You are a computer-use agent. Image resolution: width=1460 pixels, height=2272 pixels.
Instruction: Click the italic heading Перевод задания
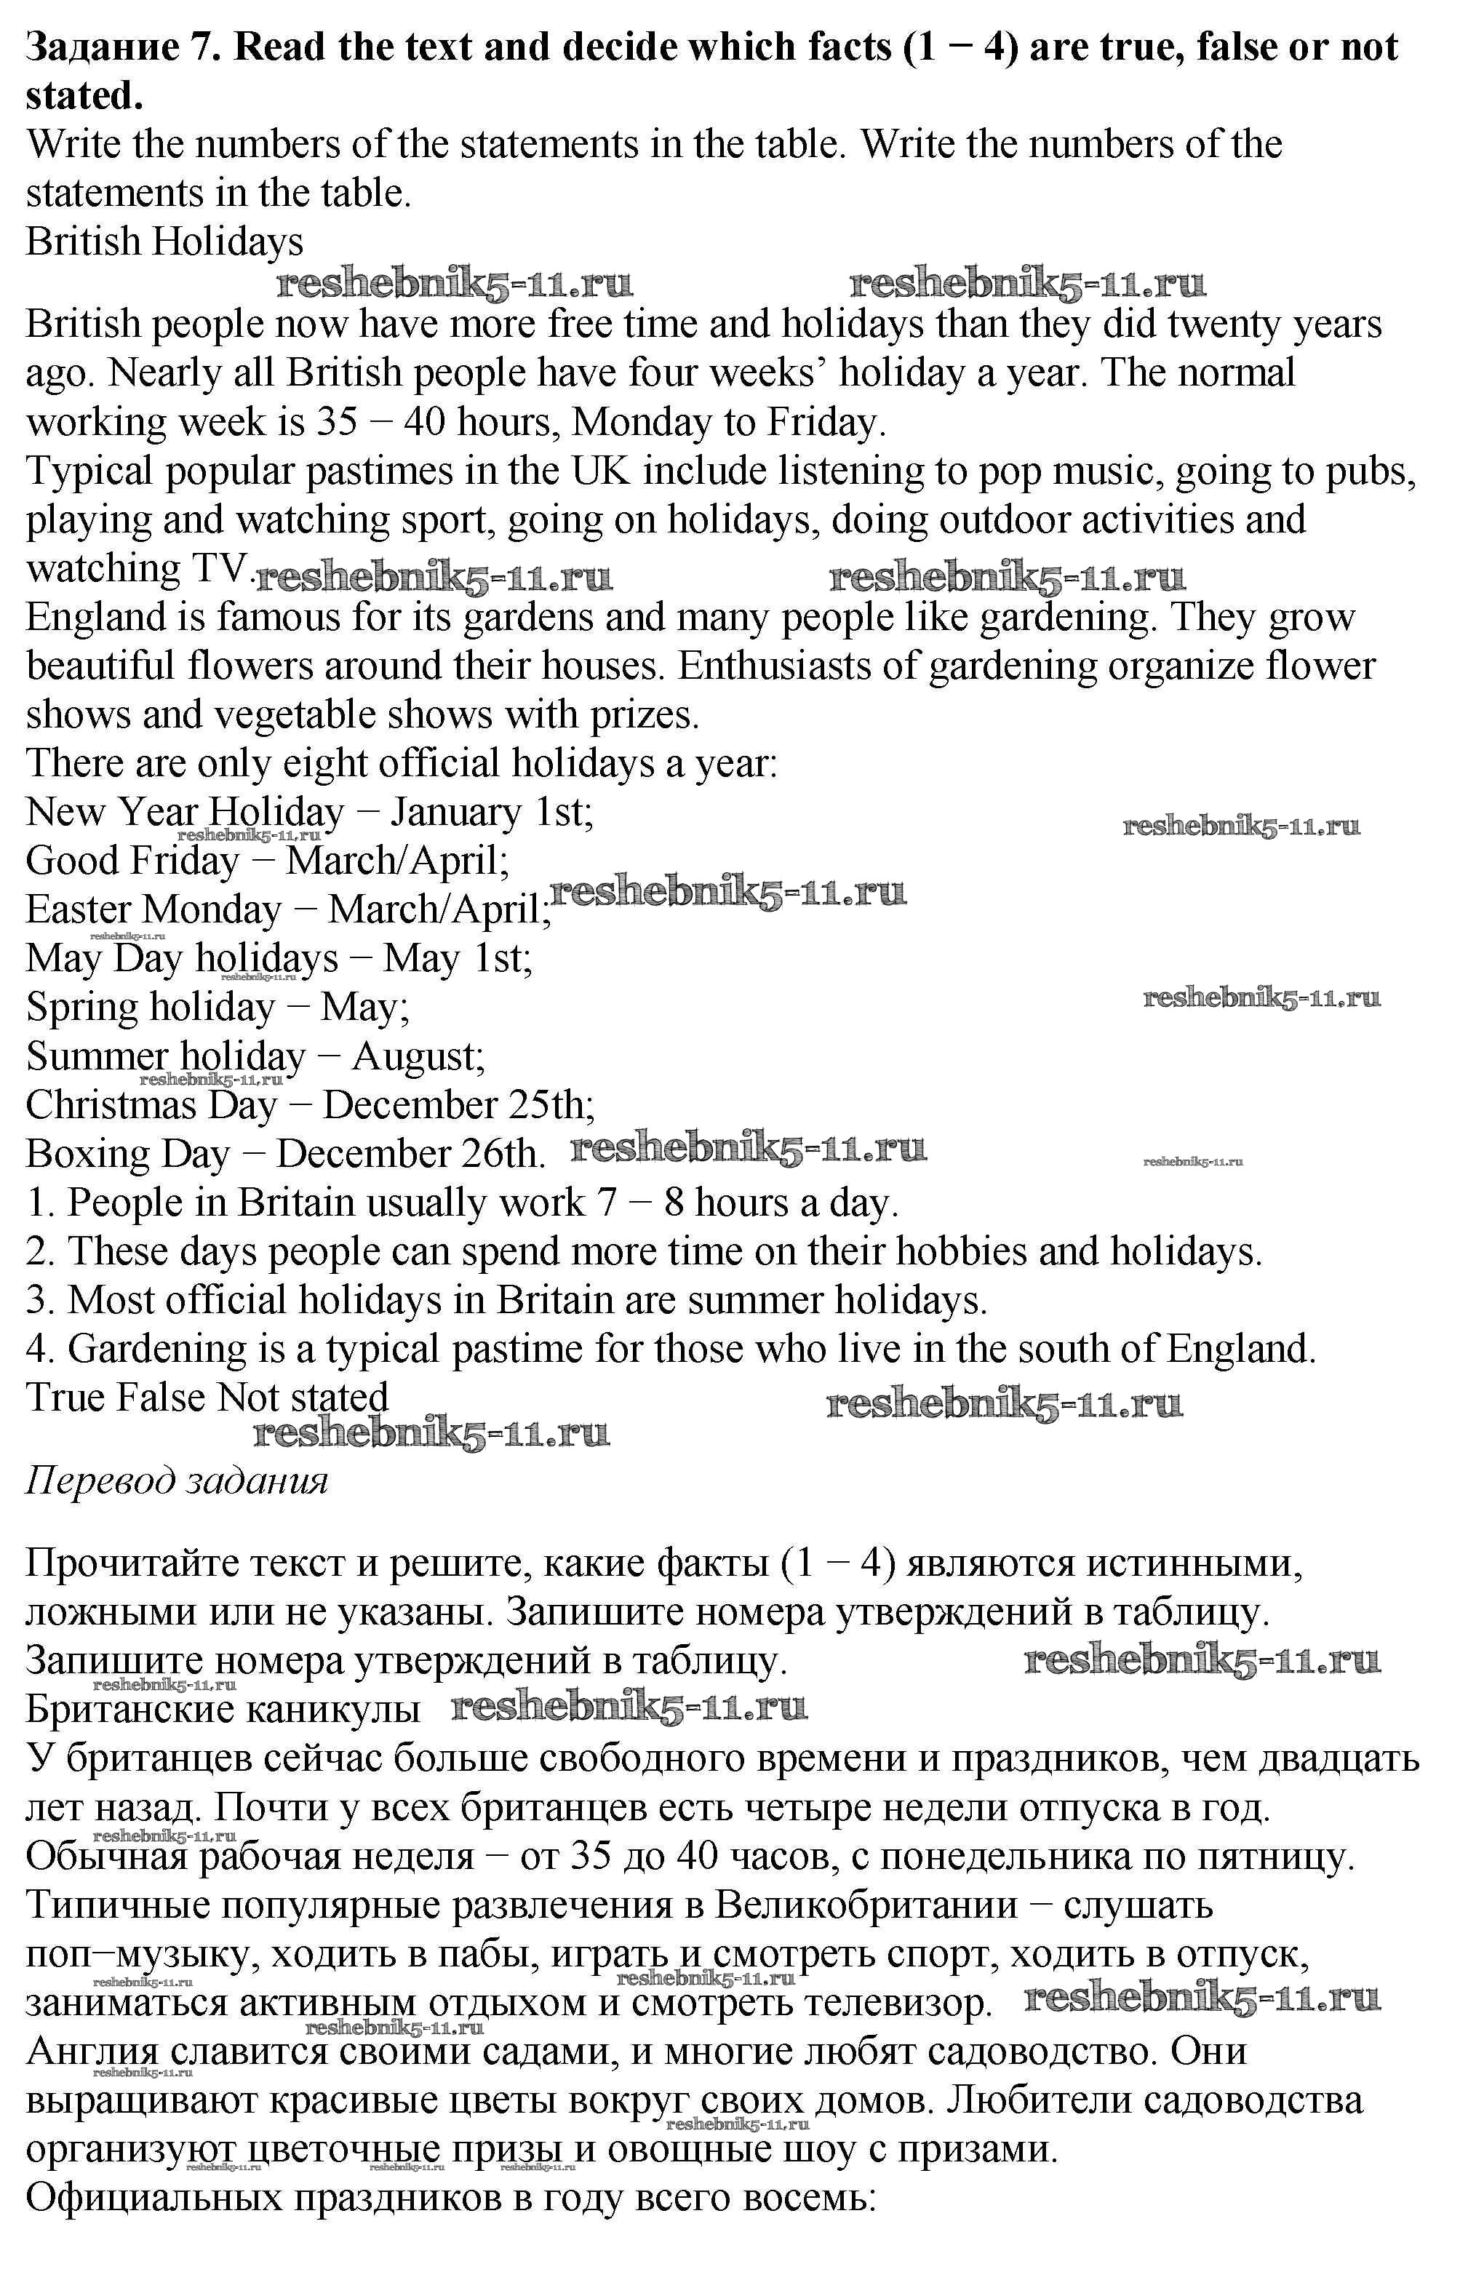[x=176, y=1480]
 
